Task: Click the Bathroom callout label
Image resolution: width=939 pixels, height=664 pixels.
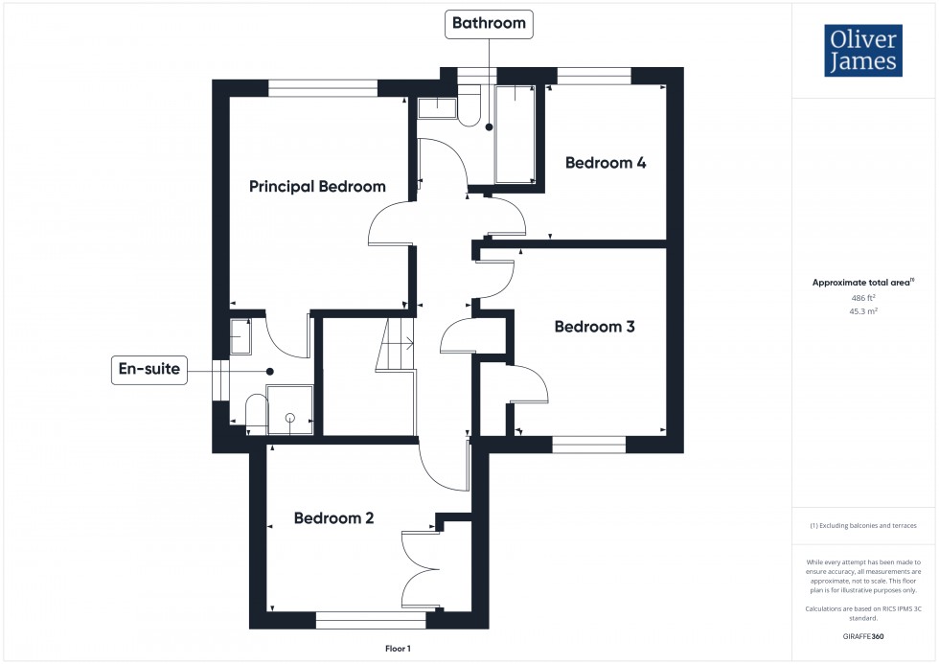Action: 490,23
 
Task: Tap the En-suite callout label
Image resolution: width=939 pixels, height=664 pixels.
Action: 149,369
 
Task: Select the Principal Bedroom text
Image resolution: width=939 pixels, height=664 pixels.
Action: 317,186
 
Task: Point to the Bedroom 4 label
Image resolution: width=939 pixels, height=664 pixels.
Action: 606,163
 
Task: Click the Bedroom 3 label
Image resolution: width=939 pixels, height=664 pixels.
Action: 595,327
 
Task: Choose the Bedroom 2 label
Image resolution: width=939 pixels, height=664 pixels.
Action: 333,518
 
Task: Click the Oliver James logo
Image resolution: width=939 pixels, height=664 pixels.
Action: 863,51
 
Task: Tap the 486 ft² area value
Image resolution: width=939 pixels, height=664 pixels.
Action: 864,298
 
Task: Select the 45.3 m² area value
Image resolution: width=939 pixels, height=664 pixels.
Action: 864,311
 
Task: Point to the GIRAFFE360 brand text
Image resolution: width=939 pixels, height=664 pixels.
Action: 864,636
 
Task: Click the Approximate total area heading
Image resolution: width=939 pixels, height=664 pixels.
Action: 862,283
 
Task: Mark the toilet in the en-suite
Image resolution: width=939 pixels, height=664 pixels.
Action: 255,412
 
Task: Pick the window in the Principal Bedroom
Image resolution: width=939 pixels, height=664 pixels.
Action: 323,88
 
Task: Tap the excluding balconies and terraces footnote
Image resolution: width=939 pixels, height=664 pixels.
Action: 863,526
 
